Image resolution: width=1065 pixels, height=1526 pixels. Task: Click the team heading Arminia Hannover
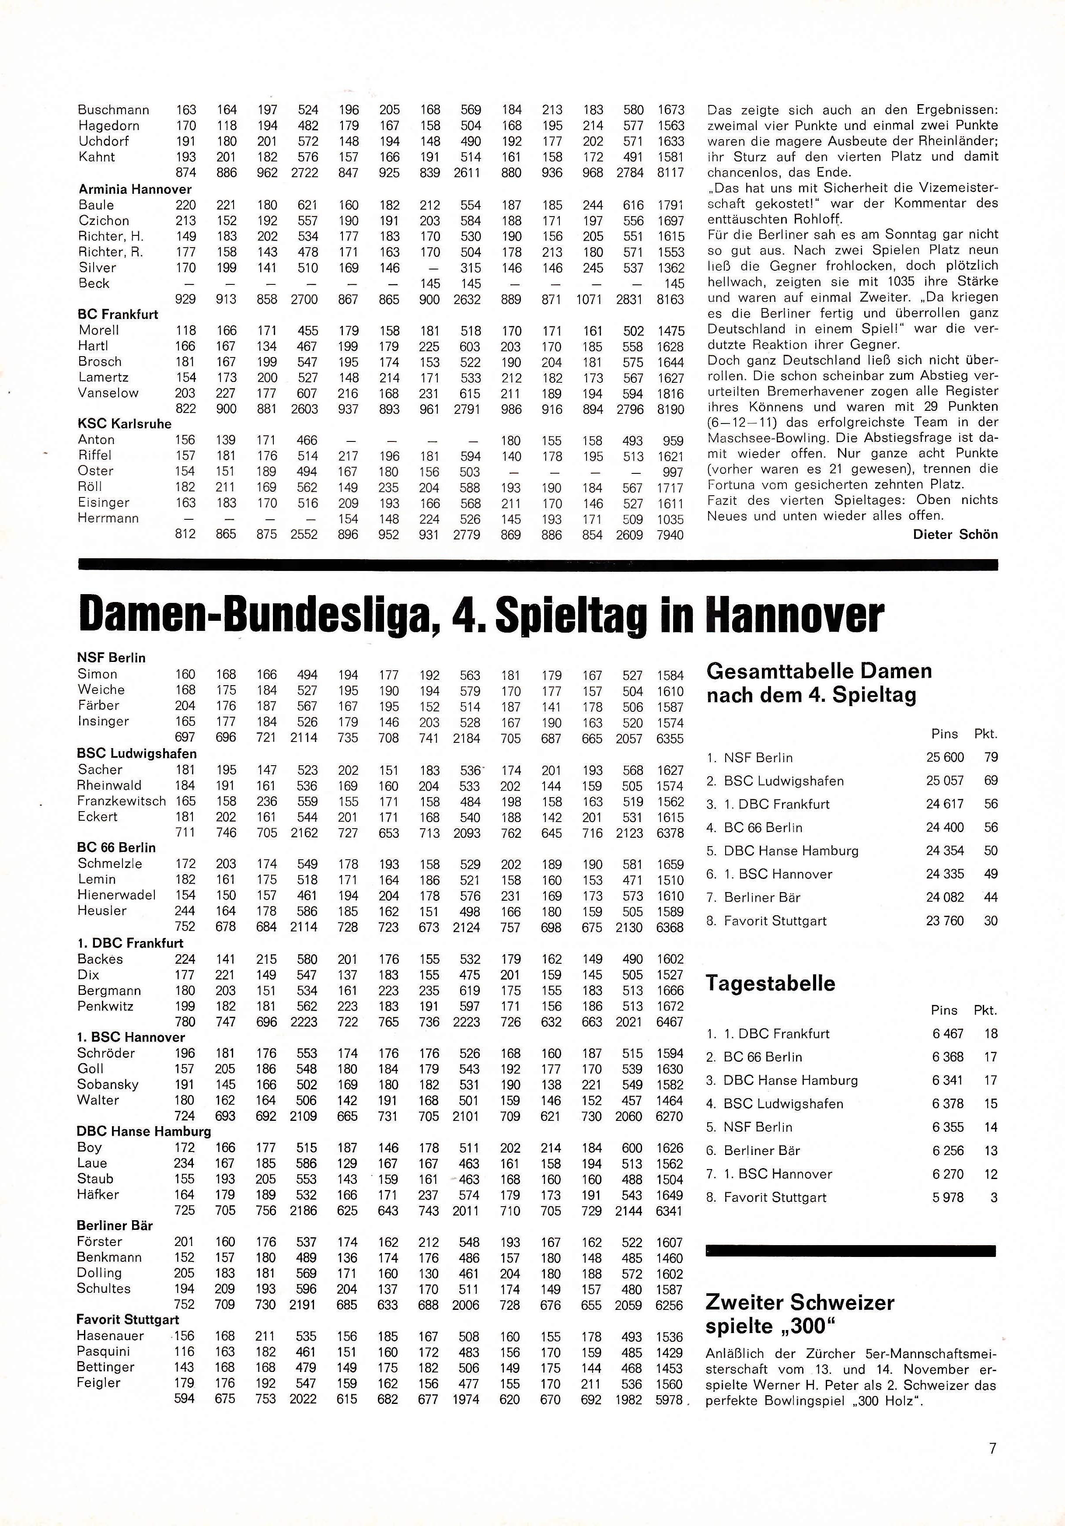coord(135,189)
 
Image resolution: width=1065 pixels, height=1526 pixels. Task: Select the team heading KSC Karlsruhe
coord(124,424)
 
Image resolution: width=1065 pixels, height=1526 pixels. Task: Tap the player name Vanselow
coord(108,393)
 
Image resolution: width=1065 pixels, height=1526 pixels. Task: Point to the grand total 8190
coord(670,409)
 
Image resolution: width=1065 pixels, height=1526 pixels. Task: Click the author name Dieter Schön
coord(955,534)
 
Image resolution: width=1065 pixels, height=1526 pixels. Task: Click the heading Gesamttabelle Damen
coord(818,671)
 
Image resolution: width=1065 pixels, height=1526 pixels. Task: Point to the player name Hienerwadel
coord(116,895)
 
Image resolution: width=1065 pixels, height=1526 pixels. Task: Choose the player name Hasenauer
coord(110,1336)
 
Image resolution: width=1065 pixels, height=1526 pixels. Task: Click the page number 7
coord(992,1448)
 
